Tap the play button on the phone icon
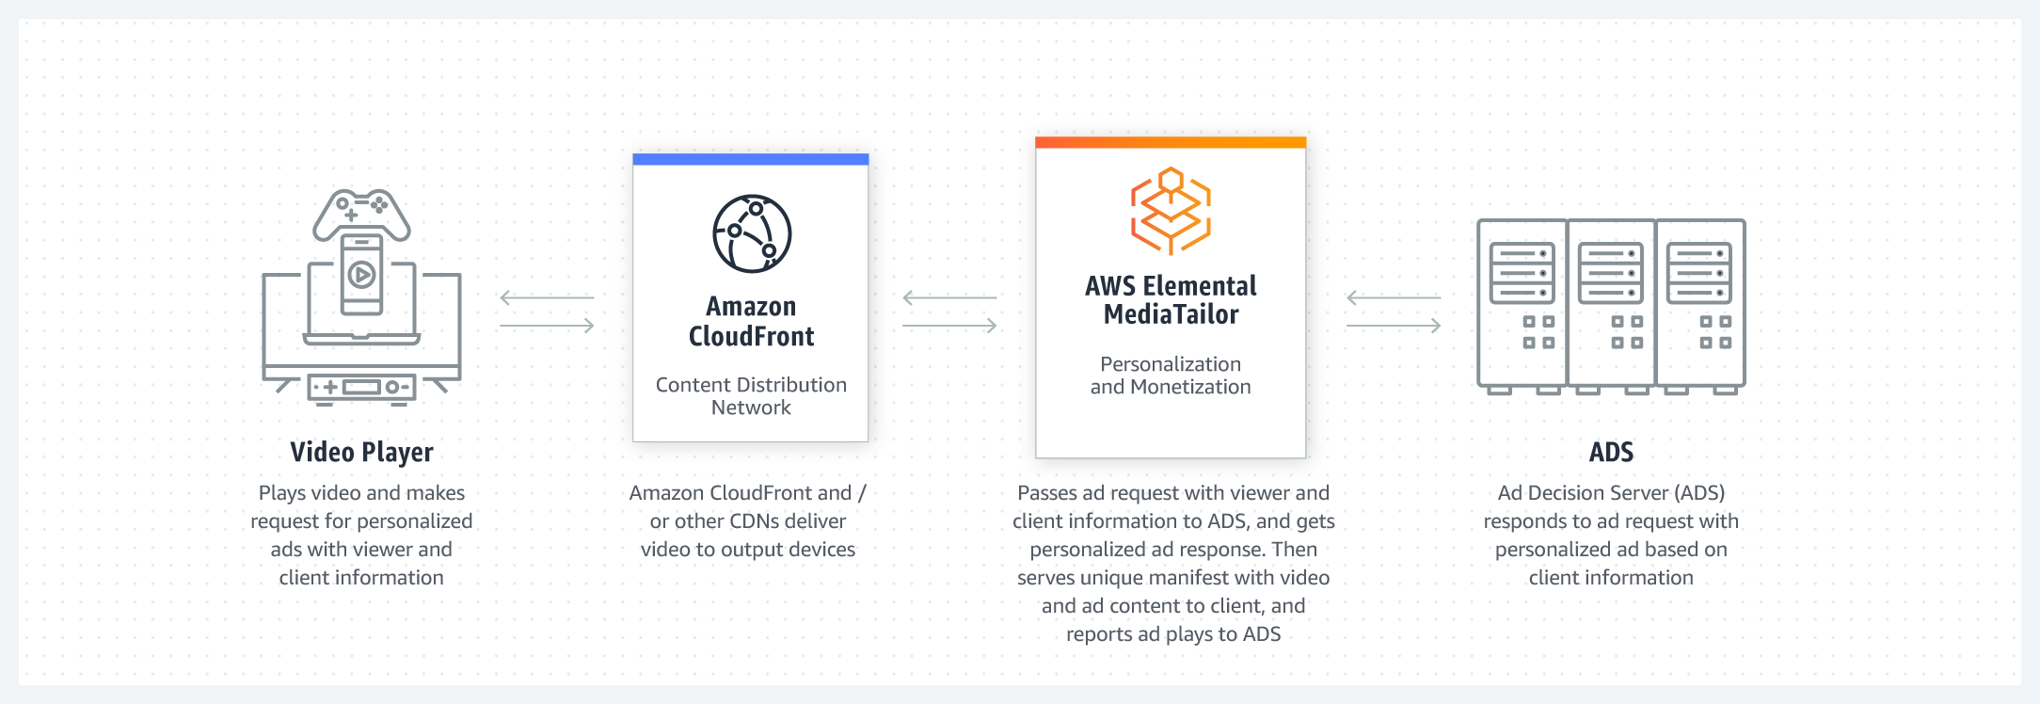click(x=361, y=275)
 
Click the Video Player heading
click(x=361, y=452)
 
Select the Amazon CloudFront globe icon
click(x=751, y=233)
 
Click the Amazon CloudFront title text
click(x=751, y=321)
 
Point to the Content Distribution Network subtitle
click(x=751, y=396)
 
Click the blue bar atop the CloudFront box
click(x=751, y=159)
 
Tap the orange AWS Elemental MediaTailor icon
click(x=1171, y=211)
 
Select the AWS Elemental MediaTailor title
click(x=1171, y=299)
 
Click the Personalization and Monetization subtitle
click(x=1171, y=376)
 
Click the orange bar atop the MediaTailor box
click(x=1171, y=142)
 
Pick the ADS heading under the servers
click(x=1611, y=452)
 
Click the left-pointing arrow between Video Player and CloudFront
click(x=547, y=297)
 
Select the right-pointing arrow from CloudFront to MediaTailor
click(x=949, y=326)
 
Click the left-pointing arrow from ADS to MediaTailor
click(x=1394, y=297)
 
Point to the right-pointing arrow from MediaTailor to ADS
click(x=1394, y=326)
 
